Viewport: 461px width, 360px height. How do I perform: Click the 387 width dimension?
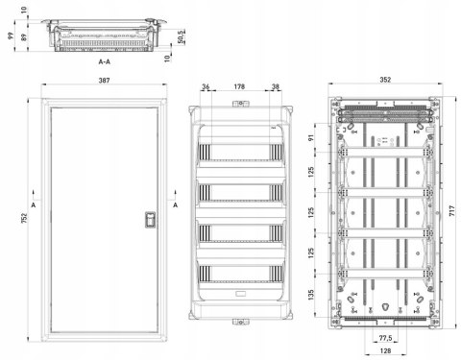coord(104,81)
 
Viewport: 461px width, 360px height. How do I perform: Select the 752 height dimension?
coord(24,218)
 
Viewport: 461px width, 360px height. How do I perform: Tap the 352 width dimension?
coord(385,80)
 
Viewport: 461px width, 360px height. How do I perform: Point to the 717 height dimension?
coord(451,211)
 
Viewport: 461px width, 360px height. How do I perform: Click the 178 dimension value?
coord(239,86)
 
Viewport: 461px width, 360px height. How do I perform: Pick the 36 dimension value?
coord(206,86)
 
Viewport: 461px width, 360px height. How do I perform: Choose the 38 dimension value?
coord(276,86)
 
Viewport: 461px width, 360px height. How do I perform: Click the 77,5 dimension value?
coord(385,338)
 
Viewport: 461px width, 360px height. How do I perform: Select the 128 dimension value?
coord(385,351)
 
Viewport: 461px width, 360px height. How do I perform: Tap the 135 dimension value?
coord(311,295)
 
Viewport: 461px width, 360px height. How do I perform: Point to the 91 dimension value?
coord(311,137)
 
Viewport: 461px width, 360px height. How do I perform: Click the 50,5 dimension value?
coord(181,37)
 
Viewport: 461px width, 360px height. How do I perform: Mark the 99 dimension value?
coord(11,36)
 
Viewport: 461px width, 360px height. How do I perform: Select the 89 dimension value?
coord(24,36)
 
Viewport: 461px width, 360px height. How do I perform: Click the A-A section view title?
coord(105,61)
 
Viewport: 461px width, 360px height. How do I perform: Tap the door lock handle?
coord(150,220)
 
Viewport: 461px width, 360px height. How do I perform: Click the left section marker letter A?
coord(34,205)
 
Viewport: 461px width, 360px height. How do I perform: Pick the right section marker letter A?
coord(176,205)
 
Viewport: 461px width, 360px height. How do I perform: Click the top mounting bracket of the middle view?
coord(241,104)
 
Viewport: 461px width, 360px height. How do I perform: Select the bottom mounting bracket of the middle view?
coord(241,322)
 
